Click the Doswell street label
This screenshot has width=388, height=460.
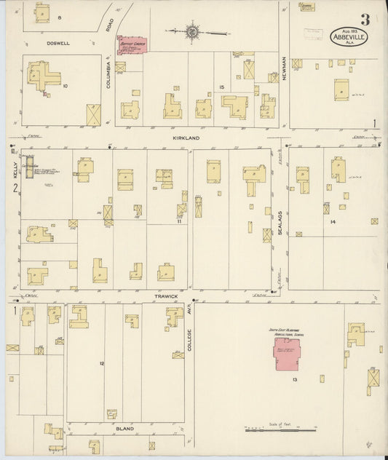tap(58, 43)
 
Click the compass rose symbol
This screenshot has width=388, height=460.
tap(192, 31)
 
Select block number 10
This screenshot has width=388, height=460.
tap(65, 86)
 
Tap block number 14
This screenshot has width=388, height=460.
tap(333, 220)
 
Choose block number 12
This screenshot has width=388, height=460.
tap(102, 362)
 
